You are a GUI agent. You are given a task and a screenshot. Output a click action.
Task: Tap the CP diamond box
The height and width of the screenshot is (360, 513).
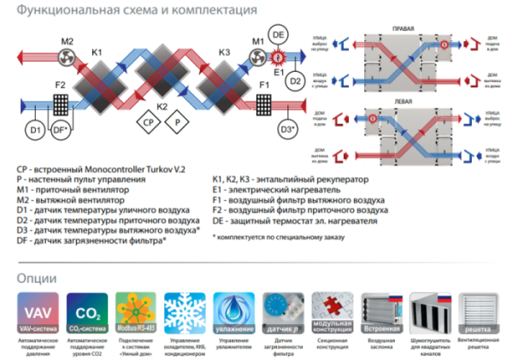[148, 123]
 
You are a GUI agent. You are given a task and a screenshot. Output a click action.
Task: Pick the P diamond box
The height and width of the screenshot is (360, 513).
[178, 123]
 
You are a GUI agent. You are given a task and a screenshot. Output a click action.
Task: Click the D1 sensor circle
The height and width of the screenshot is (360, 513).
[35, 131]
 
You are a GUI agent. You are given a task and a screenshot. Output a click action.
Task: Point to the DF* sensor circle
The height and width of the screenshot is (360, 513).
[61, 131]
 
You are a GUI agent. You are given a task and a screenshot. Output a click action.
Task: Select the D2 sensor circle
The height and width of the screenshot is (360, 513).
[295, 81]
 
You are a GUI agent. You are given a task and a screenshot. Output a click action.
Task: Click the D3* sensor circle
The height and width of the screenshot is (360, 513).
[287, 130]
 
